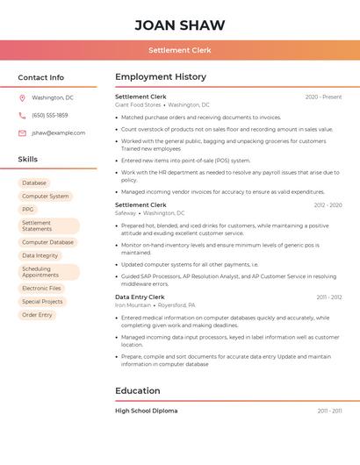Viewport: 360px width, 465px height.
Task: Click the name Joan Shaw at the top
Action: (179, 25)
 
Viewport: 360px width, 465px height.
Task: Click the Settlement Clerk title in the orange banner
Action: (179, 50)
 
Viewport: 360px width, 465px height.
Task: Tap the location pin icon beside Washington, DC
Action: (22, 97)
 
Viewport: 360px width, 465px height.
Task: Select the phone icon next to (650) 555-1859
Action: (22, 115)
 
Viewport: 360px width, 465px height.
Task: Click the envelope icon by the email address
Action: (22, 132)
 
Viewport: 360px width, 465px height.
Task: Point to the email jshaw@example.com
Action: (58, 132)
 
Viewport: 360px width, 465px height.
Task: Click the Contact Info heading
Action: (40, 77)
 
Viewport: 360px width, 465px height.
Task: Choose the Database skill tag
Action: (35, 182)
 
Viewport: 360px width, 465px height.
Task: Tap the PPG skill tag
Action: (28, 210)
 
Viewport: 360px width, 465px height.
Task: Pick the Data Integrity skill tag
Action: (40, 255)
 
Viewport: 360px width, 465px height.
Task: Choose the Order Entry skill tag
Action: (37, 315)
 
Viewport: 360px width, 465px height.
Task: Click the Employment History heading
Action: (161, 77)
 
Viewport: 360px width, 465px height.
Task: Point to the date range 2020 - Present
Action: (323, 97)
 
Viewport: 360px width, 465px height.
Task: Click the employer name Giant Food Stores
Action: (138, 104)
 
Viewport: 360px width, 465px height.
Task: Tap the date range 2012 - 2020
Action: (328, 205)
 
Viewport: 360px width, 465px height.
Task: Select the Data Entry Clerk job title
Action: (140, 297)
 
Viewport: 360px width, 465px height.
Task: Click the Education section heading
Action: (138, 390)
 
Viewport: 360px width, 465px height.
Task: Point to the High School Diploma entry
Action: (146, 411)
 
